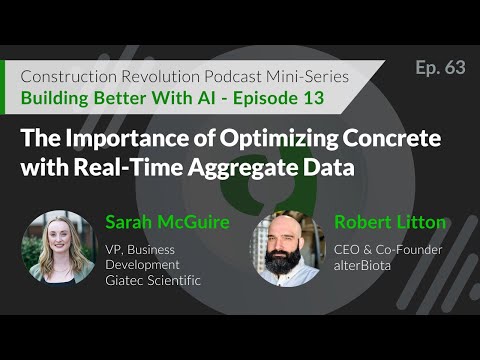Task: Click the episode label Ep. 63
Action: [440, 67]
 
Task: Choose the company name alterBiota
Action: [363, 265]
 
